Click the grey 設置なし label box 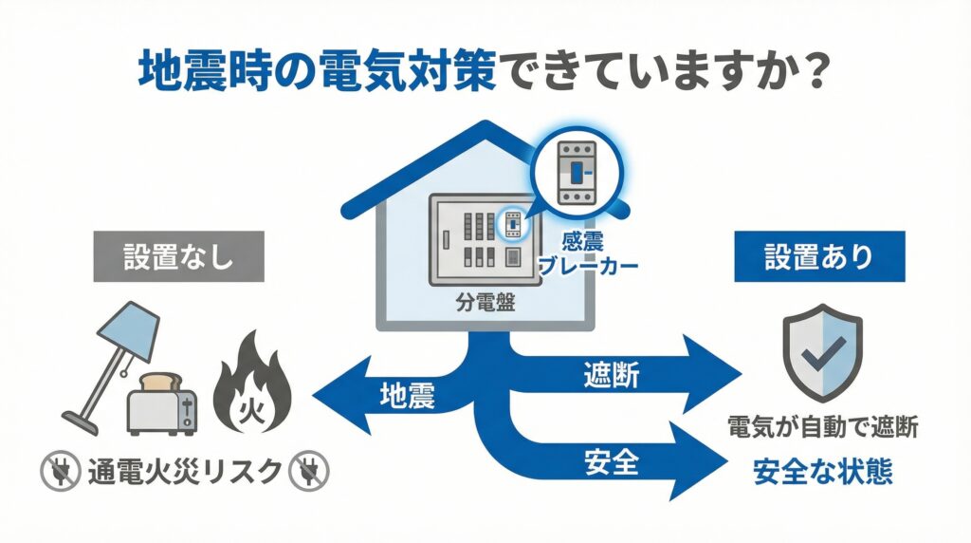(177, 256)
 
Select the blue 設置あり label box (819, 256)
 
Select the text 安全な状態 (823, 472)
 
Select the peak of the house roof (485, 125)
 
